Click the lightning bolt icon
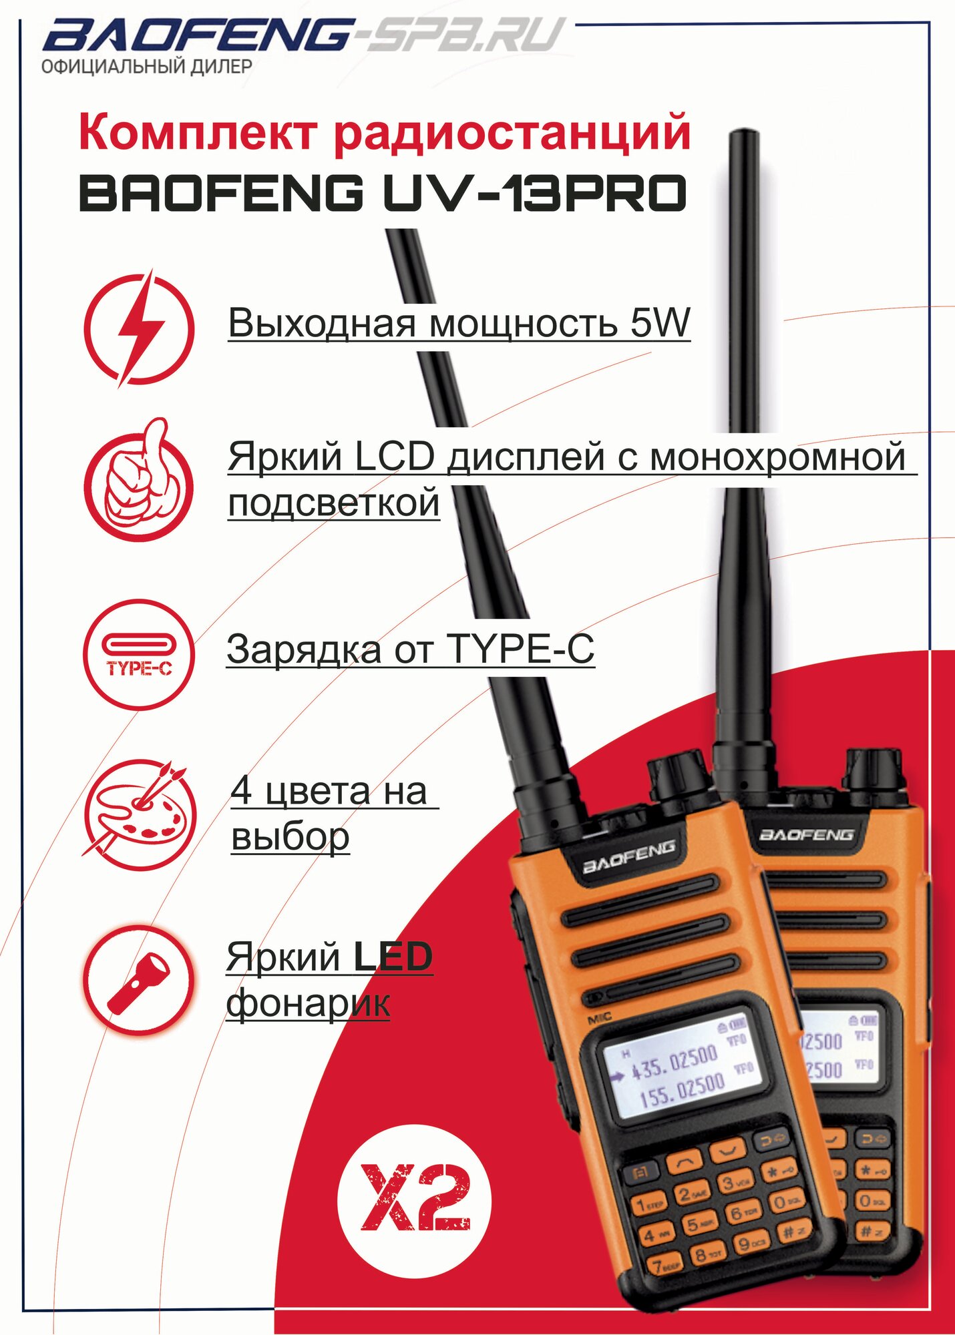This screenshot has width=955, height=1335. [139, 328]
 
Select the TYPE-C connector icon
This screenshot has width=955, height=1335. [139, 653]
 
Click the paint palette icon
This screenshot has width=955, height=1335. [139, 815]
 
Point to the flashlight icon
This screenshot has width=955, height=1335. [139, 979]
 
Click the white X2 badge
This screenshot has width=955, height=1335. [414, 1201]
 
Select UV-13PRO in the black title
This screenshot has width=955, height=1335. [534, 194]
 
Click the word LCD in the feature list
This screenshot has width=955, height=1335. [395, 458]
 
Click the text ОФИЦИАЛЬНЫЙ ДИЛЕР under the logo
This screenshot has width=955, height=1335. [147, 67]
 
